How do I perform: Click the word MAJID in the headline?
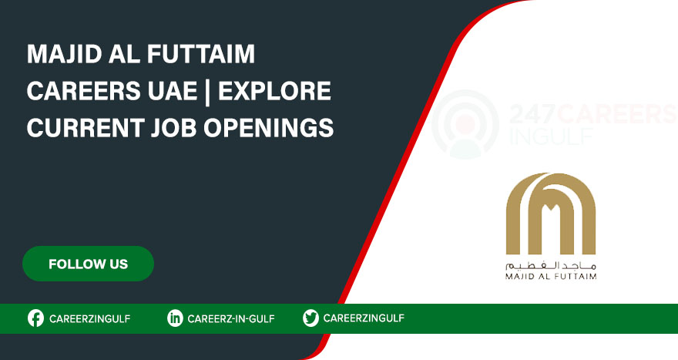(x=62, y=56)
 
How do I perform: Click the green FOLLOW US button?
(x=88, y=264)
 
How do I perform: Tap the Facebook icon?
(x=35, y=318)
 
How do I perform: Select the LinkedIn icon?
(x=175, y=318)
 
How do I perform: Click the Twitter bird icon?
(x=310, y=318)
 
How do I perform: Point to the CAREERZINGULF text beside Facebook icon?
(x=90, y=318)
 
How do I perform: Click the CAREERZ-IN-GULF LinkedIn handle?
(x=231, y=318)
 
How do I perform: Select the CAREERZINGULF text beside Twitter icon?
(x=364, y=318)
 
